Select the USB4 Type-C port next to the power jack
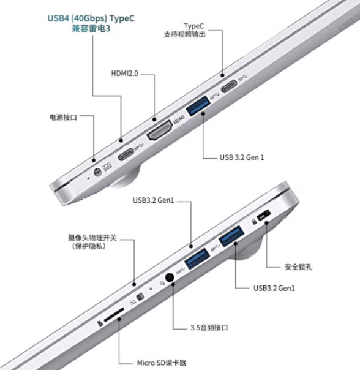[126, 152]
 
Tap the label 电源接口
[64, 116]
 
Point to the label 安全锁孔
[300, 267]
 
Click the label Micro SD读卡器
[162, 361]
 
